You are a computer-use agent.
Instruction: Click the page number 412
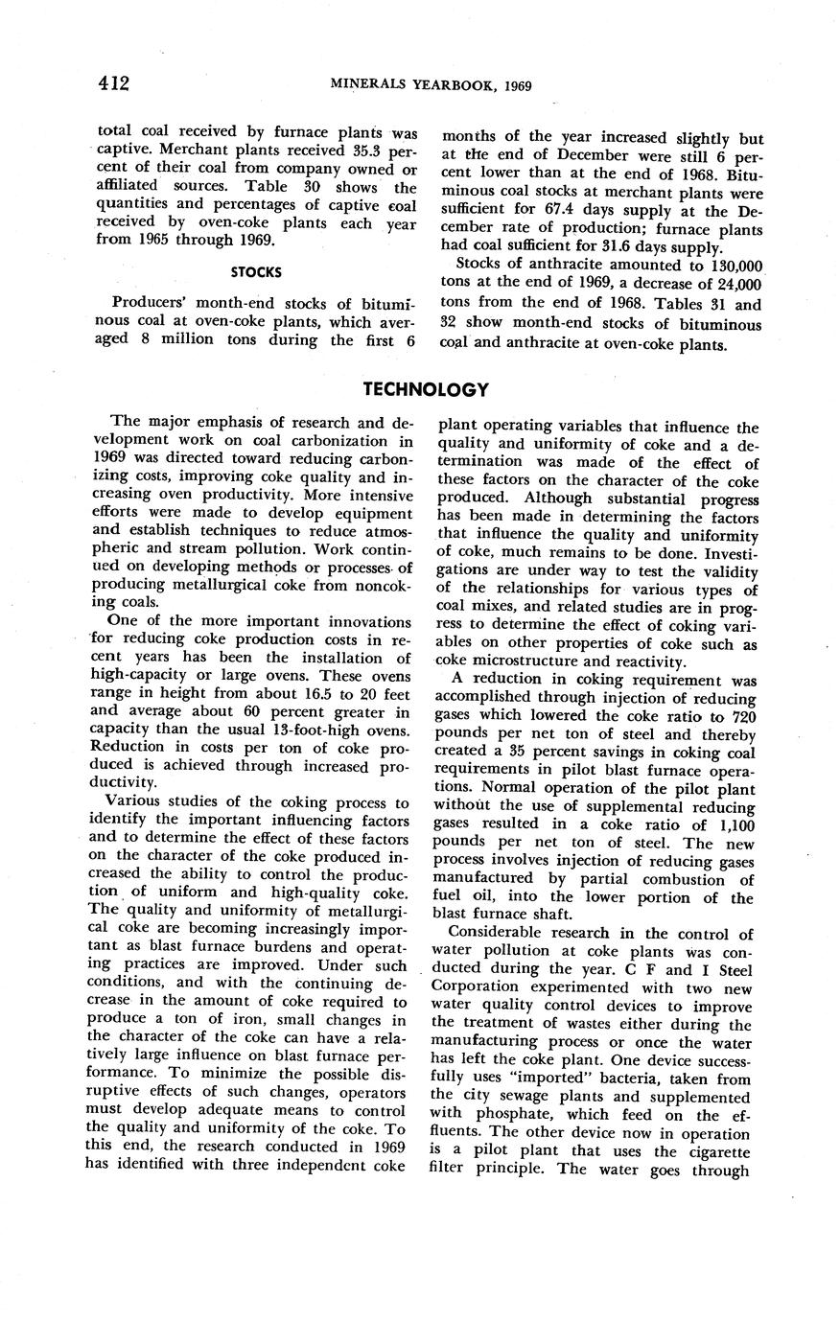click(113, 83)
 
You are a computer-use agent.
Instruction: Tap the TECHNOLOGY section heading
click(426, 389)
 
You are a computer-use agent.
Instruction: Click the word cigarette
click(711, 1151)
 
